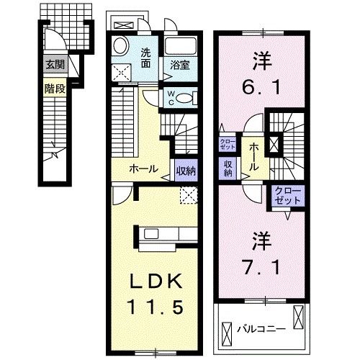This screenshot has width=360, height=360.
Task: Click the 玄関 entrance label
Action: coord(55,64)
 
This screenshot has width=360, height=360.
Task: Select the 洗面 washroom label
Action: coord(146,57)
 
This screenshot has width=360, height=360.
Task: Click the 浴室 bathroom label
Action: coord(179,65)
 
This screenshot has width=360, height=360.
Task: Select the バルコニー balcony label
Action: coord(261,328)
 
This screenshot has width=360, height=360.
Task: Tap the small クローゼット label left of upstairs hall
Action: coord(227,143)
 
